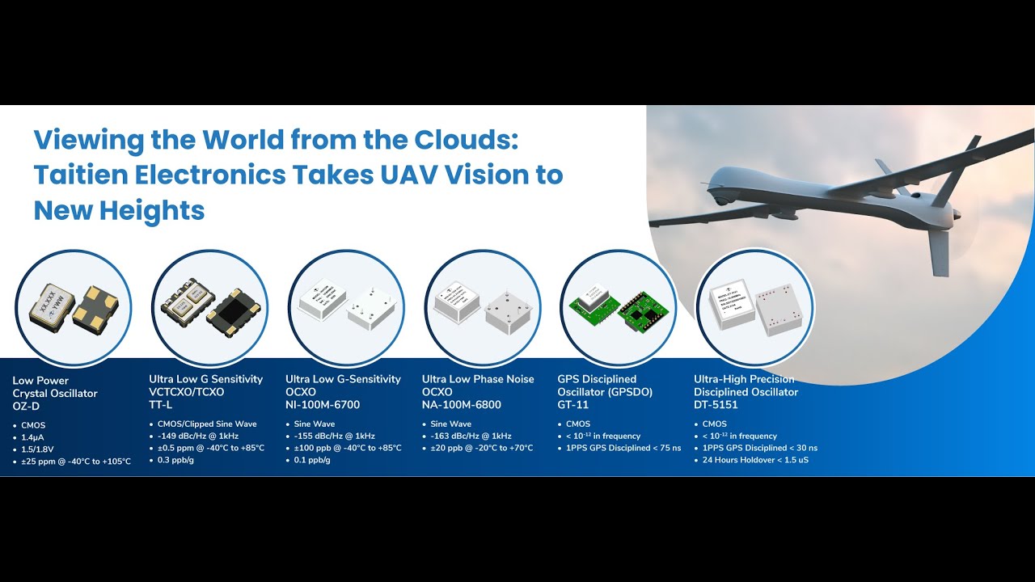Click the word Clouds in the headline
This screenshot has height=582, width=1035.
pyautogui.click(x=465, y=139)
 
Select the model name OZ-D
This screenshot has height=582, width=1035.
pyautogui.click(x=26, y=407)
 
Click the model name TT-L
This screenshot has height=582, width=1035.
pyautogui.click(x=161, y=405)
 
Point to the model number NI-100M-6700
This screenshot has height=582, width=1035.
pyautogui.click(x=323, y=405)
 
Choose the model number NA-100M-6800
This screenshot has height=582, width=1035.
pyautogui.click(x=462, y=405)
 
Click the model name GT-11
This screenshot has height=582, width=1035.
pyautogui.click(x=573, y=405)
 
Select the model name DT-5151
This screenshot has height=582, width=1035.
pyautogui.click(x=716, y=405)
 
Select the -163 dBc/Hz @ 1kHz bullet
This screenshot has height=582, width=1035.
pyautogui.click(x=471, y=436)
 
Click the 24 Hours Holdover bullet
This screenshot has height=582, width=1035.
pyautogui.click(x=755, y=460)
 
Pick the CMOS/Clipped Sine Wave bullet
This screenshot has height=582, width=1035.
pyautogui.click(x=207, y=424)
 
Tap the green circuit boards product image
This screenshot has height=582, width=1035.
pyautogui.click(x=619, y=308)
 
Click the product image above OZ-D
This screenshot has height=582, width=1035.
pyautogui.click(x=73, y=308)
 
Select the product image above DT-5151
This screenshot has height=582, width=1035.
pyautogui.click(x=754, y=308)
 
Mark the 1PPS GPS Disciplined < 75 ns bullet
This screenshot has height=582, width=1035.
pyautogui.click(x=623, y=448)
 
